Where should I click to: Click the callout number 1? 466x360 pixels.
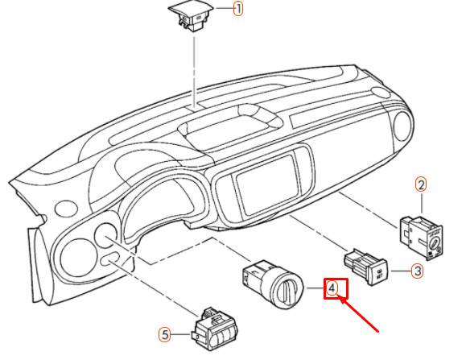tap(238, 8)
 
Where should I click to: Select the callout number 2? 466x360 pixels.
tap(421, 184)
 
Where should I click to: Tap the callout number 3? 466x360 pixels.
tap(418, 271)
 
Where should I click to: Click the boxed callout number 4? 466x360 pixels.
tap(332, 288)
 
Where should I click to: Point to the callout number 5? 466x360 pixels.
tap(165, 334)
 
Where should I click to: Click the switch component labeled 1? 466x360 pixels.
tap(190, 16)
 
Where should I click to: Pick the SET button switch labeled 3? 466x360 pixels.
tap(366, 267)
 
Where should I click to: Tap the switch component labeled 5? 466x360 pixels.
tap(215, 329)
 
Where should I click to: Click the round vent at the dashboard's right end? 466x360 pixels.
tap(403, 126)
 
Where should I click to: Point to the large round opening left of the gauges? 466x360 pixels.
tap(78, 258)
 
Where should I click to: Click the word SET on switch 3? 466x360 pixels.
tap(379, 275)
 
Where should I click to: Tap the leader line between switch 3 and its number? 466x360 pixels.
tap(401, 271)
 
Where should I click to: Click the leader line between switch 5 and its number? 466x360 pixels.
tap(181, 334)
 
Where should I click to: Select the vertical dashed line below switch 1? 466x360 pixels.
tap(194, 72)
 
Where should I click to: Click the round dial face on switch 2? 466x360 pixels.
tap(435, 244)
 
